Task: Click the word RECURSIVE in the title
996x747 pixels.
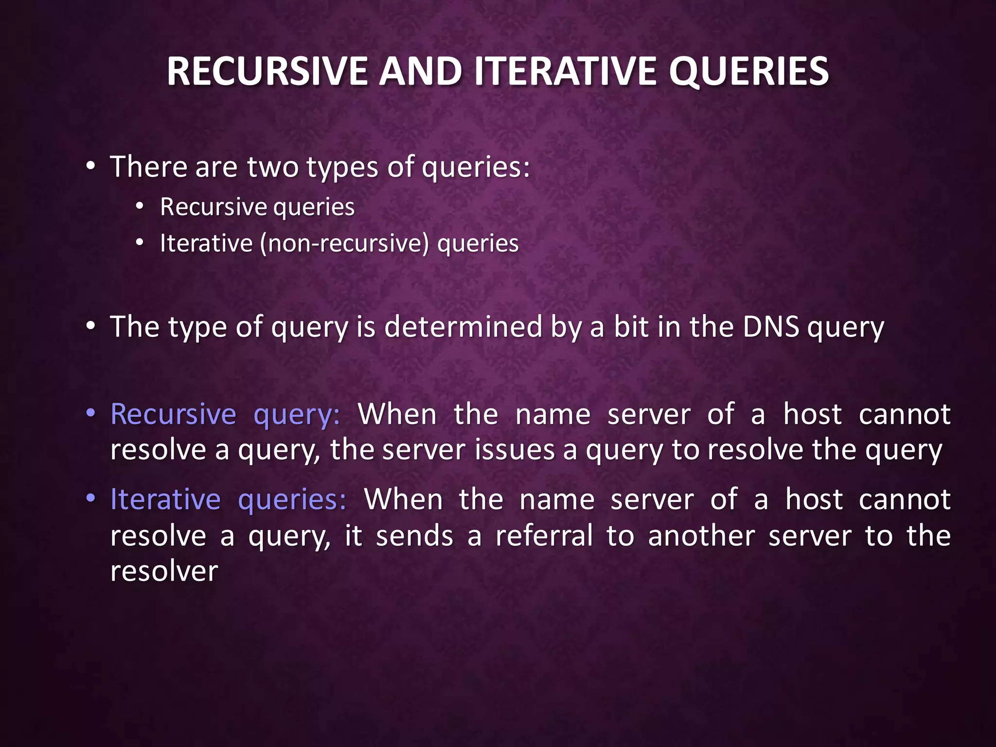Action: pos(267,71)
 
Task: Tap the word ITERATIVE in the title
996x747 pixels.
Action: pos(566,71)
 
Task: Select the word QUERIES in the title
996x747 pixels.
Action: pos(748,71)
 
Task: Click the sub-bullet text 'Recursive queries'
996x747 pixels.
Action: pos(257,207)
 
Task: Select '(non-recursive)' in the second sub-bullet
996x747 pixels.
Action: pos(344,243)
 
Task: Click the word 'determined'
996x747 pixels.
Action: pos(463,326)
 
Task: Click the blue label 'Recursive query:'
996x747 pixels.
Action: pos(225,414)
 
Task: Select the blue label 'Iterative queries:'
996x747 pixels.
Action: pos(228,499)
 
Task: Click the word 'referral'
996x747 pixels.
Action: pos(544,535)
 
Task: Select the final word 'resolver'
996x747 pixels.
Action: pos(164,571)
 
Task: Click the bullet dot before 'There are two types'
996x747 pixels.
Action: pos(90,167)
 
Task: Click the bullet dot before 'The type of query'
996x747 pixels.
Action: pos(90,326)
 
